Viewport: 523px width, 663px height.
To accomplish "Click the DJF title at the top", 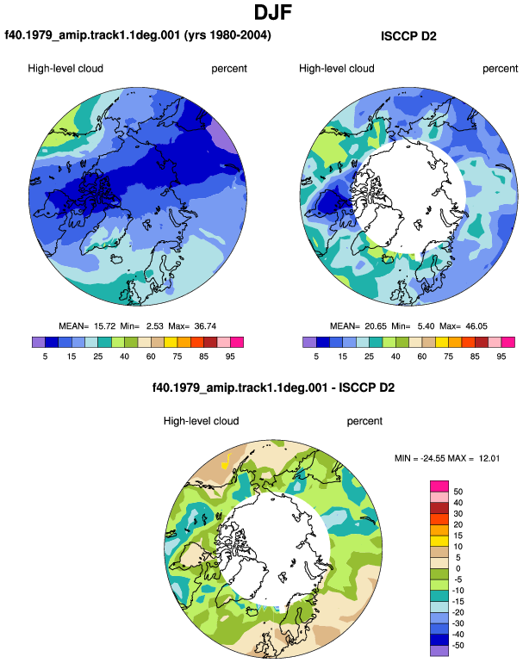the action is pos(273,12).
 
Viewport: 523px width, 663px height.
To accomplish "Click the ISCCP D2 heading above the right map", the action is pos(408,36).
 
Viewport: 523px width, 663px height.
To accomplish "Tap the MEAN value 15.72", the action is pos(104,326).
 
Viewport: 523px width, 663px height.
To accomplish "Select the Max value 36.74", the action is pos(205,326).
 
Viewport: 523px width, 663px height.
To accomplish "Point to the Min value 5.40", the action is pos(426,326).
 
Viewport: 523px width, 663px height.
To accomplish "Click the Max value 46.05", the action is pos(476,326).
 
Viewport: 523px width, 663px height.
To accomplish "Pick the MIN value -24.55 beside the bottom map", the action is pos(433,458).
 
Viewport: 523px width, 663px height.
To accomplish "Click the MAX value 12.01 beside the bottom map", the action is pos(489,458).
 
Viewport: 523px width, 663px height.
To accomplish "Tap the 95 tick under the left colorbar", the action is pos(230,356).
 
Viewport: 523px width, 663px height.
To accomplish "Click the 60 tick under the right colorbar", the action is pos(422,356).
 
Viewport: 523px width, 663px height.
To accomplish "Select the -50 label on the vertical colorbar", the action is pos(458,646).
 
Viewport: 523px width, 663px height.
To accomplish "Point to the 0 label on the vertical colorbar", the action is pos(458,568).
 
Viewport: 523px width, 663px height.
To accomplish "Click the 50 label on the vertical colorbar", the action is pos(458,492).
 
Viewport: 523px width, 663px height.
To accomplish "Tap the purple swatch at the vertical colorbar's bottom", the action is pos(439,651).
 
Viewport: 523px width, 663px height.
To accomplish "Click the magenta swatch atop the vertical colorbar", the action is pos(439,486).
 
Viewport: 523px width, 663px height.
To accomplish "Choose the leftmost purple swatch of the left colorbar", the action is pos(39,342).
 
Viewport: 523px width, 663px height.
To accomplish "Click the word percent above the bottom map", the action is pos(364,421).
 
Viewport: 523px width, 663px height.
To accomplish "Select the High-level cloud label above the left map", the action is pos(65,69).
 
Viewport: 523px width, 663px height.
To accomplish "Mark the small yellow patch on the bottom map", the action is pos(227,461).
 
